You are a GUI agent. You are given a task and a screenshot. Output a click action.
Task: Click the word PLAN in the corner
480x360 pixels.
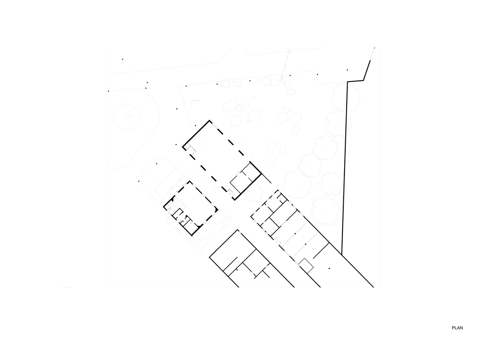tap(457, 328)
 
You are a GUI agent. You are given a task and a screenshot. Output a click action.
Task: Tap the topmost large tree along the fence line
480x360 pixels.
tap(346, 97)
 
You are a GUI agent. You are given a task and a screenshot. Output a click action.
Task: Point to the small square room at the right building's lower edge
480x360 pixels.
tap(306, 265)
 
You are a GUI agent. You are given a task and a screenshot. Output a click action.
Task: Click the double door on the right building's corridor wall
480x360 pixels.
tap(275, 241)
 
